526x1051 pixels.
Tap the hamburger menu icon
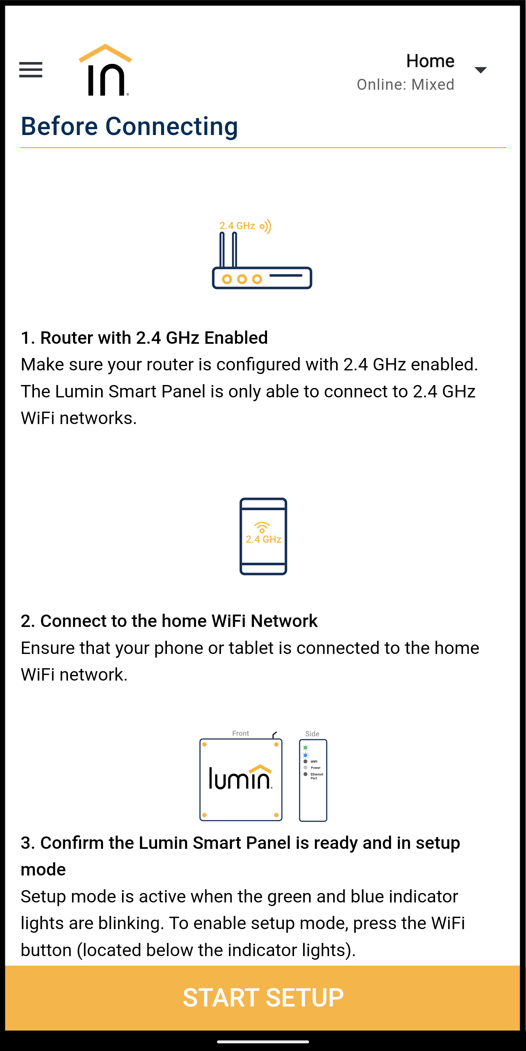[31, 70]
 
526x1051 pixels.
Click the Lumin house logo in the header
[105, 70]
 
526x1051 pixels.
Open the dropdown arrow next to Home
[480, 70]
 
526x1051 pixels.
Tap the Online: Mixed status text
[405, 84]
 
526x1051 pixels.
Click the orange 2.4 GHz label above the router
[237, 226]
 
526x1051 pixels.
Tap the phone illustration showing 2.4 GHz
[263, 536]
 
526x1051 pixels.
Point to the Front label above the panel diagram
[241, 733]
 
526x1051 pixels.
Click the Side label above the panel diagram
[312, 734]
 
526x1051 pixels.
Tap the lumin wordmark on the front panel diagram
[240, 777]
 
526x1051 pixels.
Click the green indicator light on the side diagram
[305, 747]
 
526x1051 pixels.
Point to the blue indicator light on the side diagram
[305, 755]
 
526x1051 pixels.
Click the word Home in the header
[430, 61]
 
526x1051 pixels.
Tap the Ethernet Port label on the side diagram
[316, 776]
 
